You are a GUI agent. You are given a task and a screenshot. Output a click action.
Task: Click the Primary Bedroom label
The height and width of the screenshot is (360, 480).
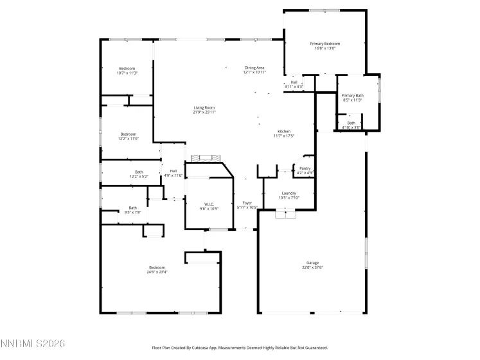[325, 44]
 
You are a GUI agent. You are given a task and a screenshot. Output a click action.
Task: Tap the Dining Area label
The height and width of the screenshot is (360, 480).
[254, 67]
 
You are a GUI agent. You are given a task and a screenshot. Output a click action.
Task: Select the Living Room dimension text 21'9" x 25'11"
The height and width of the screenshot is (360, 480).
[204, 113]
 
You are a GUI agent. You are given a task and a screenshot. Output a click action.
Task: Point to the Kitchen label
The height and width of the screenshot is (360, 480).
[283, 131]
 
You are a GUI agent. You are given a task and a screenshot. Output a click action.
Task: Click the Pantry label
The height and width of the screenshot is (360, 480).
[305, 168]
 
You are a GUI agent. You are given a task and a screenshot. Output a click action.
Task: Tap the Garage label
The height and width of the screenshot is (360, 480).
[312, 263]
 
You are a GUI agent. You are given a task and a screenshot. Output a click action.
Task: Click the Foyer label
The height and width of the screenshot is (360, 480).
[247, 203]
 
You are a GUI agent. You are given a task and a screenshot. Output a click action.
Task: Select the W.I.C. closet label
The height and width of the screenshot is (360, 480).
[209, 204]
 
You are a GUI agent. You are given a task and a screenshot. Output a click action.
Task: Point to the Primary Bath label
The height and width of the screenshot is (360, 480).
[352, 96]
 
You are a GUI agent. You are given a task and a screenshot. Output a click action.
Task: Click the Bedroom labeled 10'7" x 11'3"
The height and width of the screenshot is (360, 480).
[127, 69]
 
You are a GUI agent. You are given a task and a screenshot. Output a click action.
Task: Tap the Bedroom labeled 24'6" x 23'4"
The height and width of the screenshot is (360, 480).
[157, 267]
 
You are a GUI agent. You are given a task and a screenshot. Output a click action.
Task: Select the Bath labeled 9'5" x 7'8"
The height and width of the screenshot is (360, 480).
[132, 208]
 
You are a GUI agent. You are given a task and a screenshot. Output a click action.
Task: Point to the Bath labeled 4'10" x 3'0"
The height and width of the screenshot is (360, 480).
[351, 123]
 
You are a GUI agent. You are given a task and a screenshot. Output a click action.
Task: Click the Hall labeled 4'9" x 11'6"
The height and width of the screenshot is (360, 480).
[173, 170]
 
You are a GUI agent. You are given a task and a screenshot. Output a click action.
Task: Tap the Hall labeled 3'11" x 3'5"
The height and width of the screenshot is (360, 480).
[294, 82]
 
